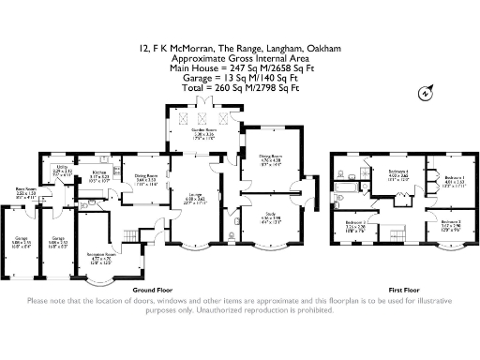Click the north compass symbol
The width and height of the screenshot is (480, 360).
pyautogui.click(x=426, y=92)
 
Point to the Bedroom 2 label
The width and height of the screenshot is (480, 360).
pyautogui.click(x=355, y=226)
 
